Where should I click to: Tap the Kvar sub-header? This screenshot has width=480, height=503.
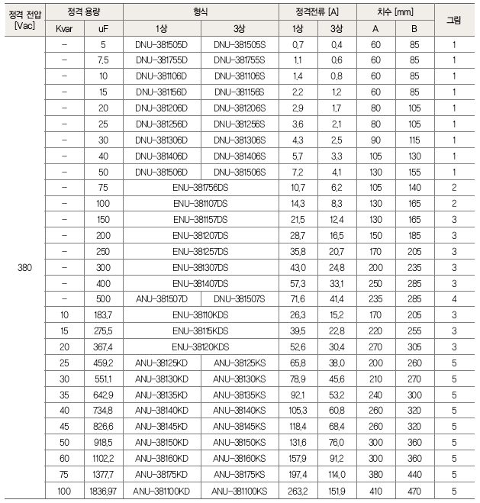coord(65,28)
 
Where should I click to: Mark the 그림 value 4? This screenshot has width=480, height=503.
coord(453,298)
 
